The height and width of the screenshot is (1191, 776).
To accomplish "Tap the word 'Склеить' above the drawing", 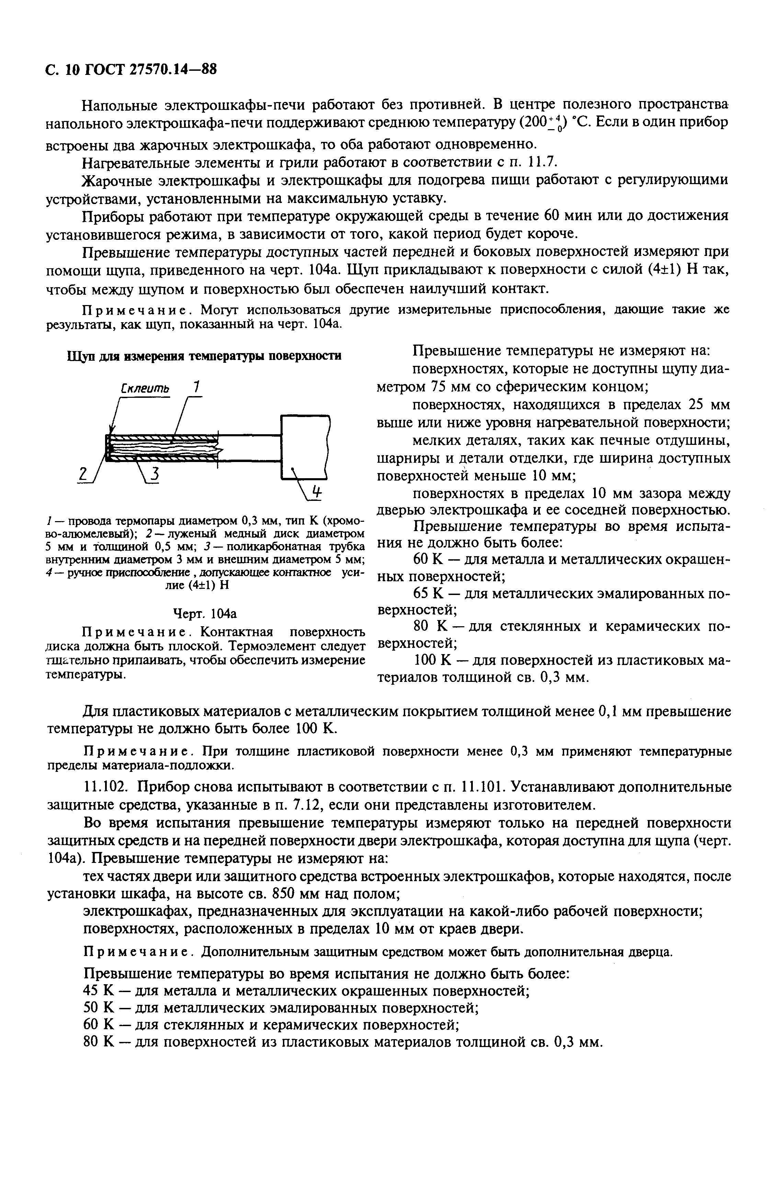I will click(x=145, y=388).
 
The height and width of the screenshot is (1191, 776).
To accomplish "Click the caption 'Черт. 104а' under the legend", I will click(x=204, y=614).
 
